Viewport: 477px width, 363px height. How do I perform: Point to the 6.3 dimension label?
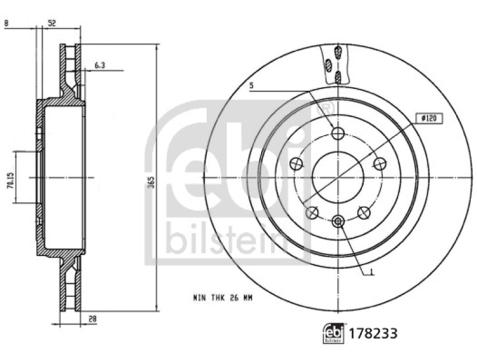point(99,66)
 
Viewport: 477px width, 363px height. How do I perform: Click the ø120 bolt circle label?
point(429,119)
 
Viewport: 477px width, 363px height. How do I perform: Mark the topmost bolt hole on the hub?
point(337,133)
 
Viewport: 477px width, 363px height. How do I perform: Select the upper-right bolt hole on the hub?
point(378,163)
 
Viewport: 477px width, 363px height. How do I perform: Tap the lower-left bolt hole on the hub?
point(311,211)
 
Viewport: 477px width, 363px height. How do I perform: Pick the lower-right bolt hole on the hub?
point(363,211)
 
